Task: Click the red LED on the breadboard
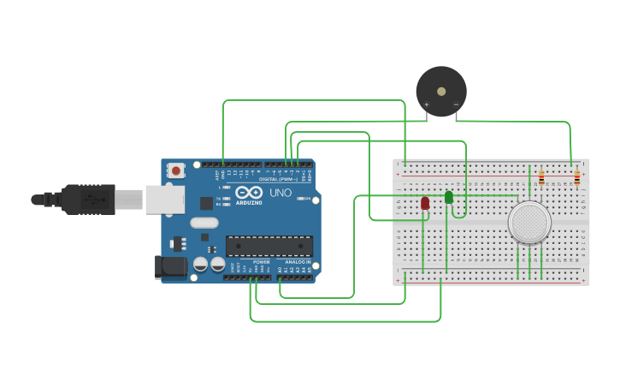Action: point(425,203)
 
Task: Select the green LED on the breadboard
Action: point(449,197)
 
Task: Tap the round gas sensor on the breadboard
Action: point(529,222)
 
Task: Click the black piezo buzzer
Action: point(441,91)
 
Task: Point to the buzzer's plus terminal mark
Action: point(427,105)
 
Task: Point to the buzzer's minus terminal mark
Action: point(457,105)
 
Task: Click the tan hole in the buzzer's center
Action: point(441,90)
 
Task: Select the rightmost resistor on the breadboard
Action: point(576,178)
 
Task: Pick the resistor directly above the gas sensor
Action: point(541,178)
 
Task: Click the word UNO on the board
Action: point(280,194)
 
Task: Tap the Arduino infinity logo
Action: point(250,193)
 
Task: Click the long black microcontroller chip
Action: point(269,246)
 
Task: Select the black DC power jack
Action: point(172,266)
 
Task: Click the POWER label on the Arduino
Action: point(262,261)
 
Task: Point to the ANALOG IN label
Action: point(297,261)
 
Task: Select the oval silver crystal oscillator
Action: point(204,223)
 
